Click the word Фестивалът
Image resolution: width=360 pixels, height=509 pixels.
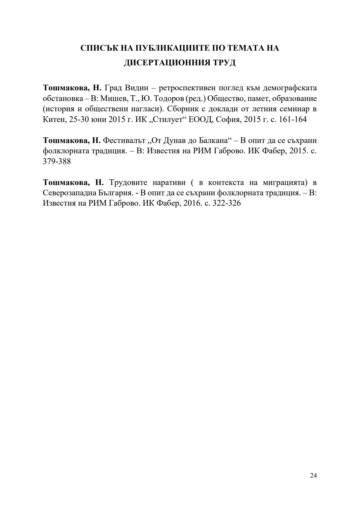coord(124,140)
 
